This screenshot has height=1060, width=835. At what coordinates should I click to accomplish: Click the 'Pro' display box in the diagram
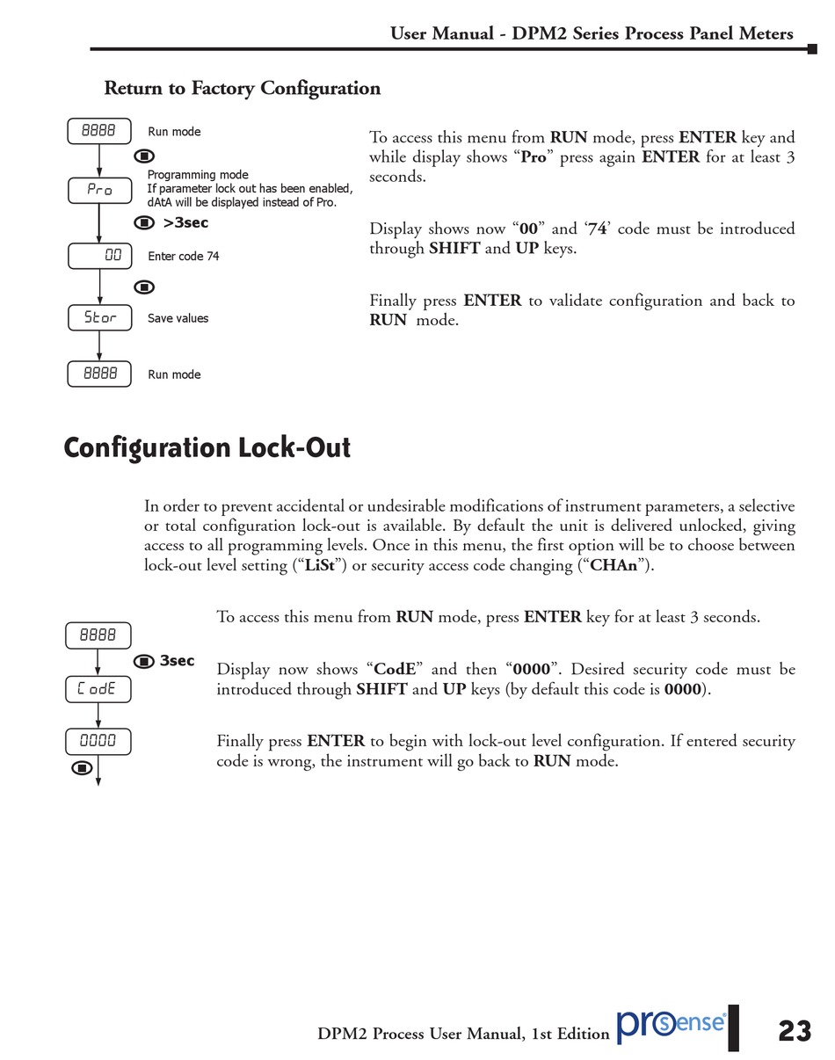click(x=99, y=190)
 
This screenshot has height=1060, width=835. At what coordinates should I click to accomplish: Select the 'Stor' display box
click(x=99, y=318)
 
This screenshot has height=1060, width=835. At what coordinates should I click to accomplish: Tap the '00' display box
click(x=99, y=256)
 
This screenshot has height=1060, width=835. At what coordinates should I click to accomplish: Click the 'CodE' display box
click(x=98, y=689)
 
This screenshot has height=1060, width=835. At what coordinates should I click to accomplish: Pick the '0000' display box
click(x=98, y=741)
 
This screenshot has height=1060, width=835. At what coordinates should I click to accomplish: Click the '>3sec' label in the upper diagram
click(x=185, y=223)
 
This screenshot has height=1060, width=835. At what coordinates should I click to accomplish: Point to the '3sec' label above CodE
click(x=177, y=661)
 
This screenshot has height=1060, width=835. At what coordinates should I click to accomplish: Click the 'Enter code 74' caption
click(x=184, y=257)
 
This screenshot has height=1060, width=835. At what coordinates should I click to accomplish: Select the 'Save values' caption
click(x=178, y=318)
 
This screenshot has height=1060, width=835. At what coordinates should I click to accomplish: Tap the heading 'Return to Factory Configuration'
click(x=243, y=88)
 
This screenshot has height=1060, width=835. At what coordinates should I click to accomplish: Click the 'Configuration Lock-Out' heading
click(x=207, y=447)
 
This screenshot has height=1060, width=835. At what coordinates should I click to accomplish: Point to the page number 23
click(x=795, y=1030)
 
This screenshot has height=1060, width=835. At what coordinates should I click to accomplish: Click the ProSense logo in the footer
click(x=672, y=1025)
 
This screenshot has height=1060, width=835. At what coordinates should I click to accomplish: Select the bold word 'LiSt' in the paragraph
click(x=320, y=565)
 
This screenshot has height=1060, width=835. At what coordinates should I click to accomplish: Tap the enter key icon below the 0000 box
click(x=82, y=768)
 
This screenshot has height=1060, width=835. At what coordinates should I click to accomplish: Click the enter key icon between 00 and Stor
click(x=144, y=287)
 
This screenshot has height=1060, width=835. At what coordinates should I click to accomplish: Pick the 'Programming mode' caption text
click(x=198, y=175)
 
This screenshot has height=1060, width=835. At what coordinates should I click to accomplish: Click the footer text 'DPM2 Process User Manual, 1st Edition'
click(x=463, y=1034)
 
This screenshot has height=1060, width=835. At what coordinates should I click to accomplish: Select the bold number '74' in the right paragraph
click(x=598, y=229)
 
